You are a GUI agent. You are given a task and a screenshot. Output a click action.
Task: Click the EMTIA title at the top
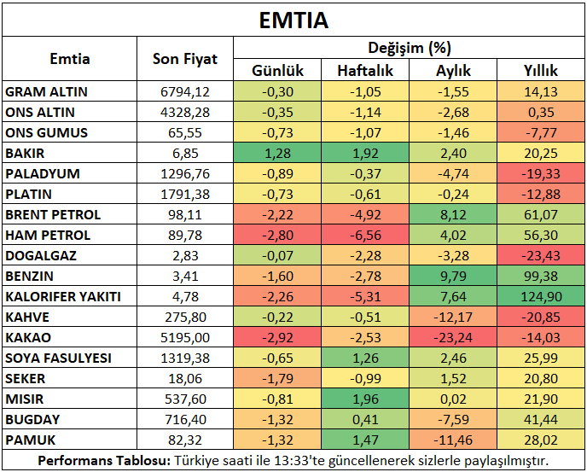pyautogui.click(x=293, y=20)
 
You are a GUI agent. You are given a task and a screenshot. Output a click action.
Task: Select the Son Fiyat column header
pyautogui.click(x=185, y=59)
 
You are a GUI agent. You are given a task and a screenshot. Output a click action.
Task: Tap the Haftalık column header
pyautogui.click(x=365, y=71)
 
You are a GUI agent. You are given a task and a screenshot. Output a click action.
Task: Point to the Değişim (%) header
pyautogui.click(x=410, y=48)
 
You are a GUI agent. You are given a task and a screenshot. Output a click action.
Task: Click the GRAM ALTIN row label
pyautogui.click(x=46, y=92)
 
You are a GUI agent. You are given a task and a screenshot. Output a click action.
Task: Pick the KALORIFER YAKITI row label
pyautogui.click(x=63, y=297)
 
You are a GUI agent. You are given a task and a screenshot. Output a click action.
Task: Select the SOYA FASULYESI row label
pyautogui.click(x=58, y=358)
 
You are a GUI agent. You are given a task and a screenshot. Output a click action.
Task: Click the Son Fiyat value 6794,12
pyautogui.click(x=185, y=92)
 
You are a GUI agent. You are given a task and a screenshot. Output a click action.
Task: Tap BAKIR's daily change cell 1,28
pyautogui.click(x=277, y=154)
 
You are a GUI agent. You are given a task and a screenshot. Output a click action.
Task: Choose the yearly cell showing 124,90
pyautogui.click(x=541, y=297)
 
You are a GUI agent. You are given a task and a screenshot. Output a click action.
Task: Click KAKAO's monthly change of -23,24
pyautogui.click(x=453, y=337)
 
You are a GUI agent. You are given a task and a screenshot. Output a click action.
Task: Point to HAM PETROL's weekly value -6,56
pyautogui.click(x=365, y=236)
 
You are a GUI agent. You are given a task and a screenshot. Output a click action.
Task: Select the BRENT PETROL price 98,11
pyautogui.click(x=185, y=214)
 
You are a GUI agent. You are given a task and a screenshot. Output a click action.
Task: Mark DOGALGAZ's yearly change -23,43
pyautogui.click(x=541, y=255)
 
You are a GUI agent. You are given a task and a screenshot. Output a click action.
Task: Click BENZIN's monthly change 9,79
pyautogui.click(x=453, y=276)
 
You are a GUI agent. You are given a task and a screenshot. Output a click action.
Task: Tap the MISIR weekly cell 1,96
pyautogui.click(x=365, y=399)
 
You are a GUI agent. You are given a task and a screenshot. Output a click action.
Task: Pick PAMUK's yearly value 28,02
pyautogui.click(x=541, y=440)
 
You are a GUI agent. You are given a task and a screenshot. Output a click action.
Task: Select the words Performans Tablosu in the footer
pyautogui.click(x=104, y=460)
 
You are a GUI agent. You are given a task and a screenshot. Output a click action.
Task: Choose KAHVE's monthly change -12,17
pyautogui.click(x=453, y=317)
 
